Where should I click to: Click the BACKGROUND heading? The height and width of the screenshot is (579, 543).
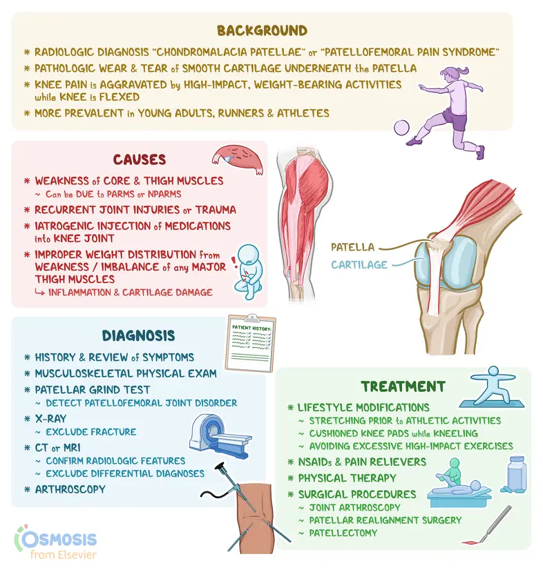262,30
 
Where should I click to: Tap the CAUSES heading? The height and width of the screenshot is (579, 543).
140,159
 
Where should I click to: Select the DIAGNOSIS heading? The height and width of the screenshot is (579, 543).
139,335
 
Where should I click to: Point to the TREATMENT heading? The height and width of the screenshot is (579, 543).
403,386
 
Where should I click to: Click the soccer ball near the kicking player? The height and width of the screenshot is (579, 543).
401,128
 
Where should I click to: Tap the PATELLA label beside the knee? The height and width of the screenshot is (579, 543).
352,247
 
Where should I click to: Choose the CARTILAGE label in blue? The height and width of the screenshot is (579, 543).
359,265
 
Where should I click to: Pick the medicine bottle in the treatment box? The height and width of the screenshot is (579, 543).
515,474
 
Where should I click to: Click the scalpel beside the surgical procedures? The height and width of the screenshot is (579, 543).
488,525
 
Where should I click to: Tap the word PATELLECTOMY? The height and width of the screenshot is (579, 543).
343,533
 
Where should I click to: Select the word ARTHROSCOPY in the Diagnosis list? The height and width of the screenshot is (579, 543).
70,489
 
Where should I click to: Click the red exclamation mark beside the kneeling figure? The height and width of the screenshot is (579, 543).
234,262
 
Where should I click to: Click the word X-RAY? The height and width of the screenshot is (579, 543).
50,418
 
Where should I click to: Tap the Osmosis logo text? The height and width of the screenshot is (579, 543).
59,540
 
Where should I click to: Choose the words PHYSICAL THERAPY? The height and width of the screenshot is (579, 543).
347,478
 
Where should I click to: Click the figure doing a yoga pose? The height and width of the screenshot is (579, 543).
493,386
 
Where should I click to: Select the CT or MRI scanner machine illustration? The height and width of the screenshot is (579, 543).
220,436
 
